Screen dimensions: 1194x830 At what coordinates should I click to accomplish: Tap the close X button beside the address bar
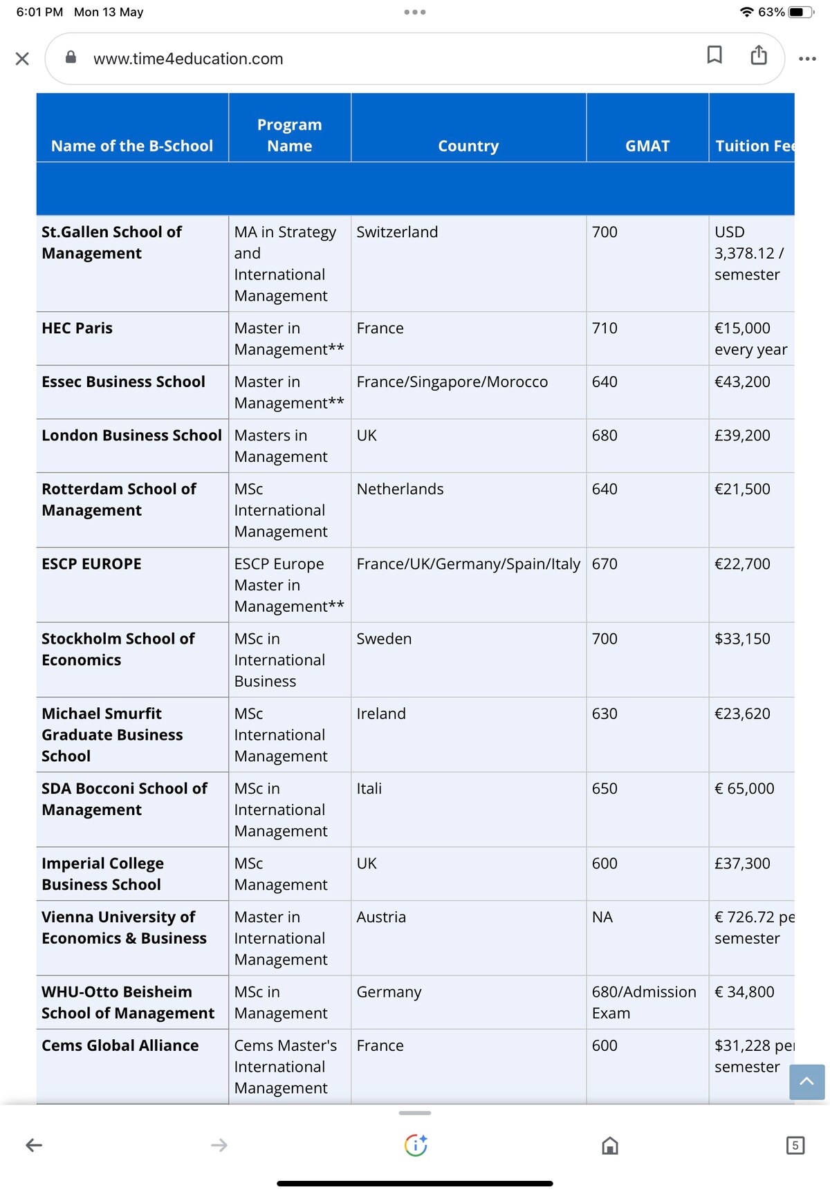point(22,59)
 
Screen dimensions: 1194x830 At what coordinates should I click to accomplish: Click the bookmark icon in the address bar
point(714,55)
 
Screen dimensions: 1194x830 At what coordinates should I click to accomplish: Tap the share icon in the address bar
point(759,55)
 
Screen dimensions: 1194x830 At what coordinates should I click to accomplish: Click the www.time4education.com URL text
point(188,59)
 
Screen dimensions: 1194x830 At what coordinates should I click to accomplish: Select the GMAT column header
point(647,146)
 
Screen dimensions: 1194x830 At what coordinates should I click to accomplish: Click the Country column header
point(468,146)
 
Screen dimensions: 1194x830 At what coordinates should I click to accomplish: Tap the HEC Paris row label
point(77,328)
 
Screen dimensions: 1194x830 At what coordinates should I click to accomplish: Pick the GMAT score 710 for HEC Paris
point(605,328)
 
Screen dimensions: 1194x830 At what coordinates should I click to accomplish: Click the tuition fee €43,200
point(742,382)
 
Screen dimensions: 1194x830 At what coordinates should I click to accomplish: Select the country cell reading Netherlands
point(400,489)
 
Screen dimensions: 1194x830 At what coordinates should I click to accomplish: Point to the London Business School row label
point(131,435)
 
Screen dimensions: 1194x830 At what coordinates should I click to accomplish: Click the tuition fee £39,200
point(742,435)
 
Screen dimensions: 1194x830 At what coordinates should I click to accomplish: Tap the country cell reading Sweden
point(384,639)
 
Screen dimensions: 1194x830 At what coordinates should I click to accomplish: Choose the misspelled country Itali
point(369,788)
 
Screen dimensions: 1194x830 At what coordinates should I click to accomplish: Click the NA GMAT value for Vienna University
point(602,917)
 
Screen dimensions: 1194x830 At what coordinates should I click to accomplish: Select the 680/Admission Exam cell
point(643,1002)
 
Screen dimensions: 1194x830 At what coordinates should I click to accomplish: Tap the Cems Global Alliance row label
point(120,1045)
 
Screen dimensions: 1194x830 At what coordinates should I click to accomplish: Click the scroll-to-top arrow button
point(806,1081)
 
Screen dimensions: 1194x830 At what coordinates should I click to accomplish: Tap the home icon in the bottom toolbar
point(609,1146)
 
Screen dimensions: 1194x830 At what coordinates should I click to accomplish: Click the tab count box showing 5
point(795,1146)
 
